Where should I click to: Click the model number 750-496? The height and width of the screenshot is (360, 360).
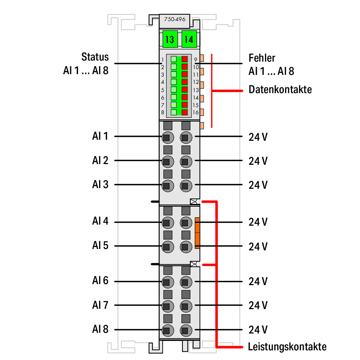coord(175,19)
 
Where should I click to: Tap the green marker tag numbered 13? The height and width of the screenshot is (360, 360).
coord(170,39)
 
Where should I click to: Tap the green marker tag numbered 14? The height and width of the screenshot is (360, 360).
coord(189,39)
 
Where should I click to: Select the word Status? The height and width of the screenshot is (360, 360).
coord(95,57)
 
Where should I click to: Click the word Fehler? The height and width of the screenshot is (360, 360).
coord(262,58)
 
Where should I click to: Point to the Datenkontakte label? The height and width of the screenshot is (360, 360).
coord(280,89)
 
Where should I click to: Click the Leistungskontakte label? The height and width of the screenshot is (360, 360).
coord(287,347)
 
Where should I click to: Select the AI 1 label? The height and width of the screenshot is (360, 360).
coord(100,136)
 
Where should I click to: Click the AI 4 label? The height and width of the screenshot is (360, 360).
coord(100,221)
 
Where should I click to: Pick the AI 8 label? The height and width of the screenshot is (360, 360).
coord(100,329)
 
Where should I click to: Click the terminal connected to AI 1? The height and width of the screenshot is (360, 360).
coord(167,138)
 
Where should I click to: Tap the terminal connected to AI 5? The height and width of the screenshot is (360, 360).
coord(167,247)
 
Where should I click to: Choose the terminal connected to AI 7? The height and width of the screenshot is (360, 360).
coord(167,306)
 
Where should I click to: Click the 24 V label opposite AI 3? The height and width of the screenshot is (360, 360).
coord(258,185)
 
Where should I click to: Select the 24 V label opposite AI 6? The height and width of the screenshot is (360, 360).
coord(258,282)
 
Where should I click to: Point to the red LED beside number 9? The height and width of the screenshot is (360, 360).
coord(185,59)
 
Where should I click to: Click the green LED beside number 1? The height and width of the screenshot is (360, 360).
coord(174,59)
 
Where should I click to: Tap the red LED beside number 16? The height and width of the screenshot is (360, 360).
coord(185,112)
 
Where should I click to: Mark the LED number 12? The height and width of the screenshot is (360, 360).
coord(185,82)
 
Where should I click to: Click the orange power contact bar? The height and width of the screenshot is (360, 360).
coord(197,233)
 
